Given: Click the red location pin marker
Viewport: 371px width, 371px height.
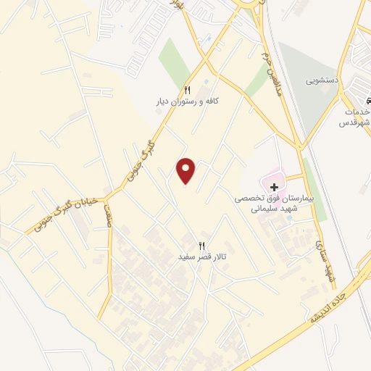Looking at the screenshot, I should (x=186, y=171).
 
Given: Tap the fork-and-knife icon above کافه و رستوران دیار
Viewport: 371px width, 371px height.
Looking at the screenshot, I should (x=187, y=90).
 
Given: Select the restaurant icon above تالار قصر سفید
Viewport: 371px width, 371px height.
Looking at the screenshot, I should (x=202, y=246).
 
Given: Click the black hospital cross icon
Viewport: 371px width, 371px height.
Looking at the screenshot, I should (x=274, y=187).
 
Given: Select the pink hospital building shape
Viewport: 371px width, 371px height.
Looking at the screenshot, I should (x=272, y=176).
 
